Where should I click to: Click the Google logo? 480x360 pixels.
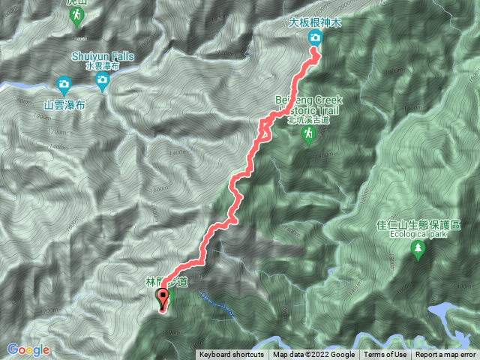28,349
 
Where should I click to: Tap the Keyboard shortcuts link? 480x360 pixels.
231,355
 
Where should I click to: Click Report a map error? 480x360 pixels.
446,355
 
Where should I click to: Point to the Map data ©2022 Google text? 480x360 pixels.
313,355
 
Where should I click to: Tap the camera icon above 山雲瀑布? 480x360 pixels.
64,83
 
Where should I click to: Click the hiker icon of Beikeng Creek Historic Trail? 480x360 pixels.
307,133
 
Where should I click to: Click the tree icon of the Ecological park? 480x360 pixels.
418,250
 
